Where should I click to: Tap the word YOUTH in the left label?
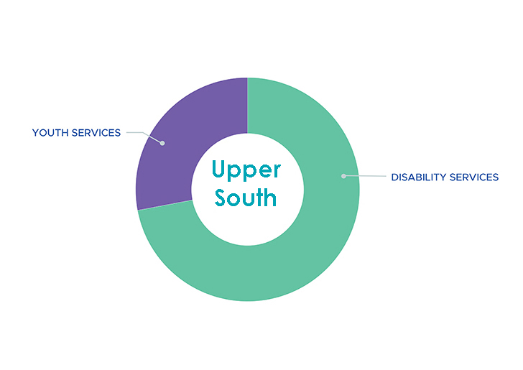click(x=50, y=133)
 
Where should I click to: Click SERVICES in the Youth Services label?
click(x=96, y=133)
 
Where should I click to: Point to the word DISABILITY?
click(x=419, y=177)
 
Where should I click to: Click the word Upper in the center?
click(x=246, y=170)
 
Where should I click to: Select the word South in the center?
click(x=246, y=197)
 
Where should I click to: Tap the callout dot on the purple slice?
click(x=162, y=143)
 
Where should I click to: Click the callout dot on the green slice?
click(x=343, y=176)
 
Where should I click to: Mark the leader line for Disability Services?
click(x=365, y=176)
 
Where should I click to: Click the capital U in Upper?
click(x=219, y=169)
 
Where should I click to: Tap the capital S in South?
click(x=221, y=198)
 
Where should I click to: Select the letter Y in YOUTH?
click(x=36, y=133)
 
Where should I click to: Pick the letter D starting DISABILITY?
click(x=395, y=177)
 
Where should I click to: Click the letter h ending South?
click(x=271, y=197)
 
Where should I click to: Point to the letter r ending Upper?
click(x=277, y=170)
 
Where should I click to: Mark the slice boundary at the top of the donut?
click(x=247, y=106)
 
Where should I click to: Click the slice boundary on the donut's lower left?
click(x=165, y=205)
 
